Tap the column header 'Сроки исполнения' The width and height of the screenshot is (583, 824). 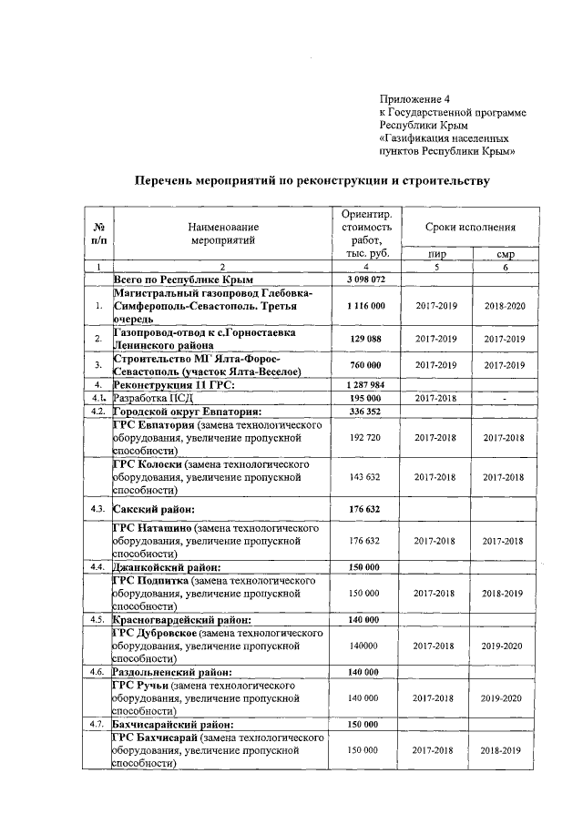click(x=471, y=226)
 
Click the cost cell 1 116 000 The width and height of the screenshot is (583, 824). click(x=366, y=307)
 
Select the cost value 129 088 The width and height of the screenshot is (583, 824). click(x=366, y=339)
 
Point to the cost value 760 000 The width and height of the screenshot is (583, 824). click(x=366, y=365)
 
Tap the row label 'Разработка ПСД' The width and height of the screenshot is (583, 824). click(x=149, y=398)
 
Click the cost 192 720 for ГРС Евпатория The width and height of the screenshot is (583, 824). click(x=366, y=437)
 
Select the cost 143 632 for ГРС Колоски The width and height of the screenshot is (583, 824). click(x=366, y=475)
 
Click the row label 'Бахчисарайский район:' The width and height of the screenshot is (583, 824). click(x=173, y=724)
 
